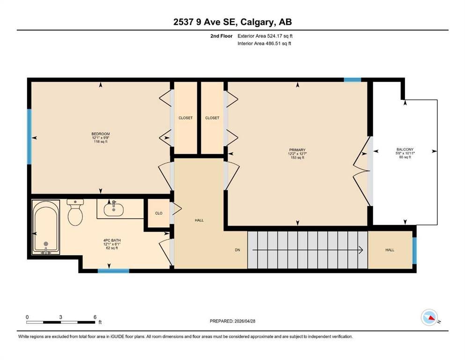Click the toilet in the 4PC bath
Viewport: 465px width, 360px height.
tap(75, 212)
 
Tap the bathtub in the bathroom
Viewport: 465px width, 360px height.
tap(46, 227)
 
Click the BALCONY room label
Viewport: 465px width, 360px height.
tap(405, 150)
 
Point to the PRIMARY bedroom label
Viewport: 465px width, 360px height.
tap(297, 150)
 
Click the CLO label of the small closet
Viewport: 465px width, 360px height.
tap(159, 213)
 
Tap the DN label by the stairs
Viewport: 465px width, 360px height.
tap(237, 250)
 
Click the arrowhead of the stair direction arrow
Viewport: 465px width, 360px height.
tap(361, 250)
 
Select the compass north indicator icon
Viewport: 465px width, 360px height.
tap(429, 317)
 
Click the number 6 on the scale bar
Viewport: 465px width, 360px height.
tap(95, 317)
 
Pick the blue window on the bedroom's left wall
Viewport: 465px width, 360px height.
tap(30, 136)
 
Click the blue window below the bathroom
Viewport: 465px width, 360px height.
tap(114, 270)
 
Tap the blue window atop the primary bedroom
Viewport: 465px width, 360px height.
tap(352, 80)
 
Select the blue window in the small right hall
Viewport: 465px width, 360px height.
tap(414, 251)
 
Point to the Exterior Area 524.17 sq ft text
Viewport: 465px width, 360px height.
tap(265, 36)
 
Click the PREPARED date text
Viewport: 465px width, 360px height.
tap(232, 321)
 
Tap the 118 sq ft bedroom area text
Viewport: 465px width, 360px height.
tap(101, 142)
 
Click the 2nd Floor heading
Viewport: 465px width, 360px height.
tap(221, 36)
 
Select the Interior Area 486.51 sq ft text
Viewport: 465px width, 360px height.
tap(264, 43)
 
